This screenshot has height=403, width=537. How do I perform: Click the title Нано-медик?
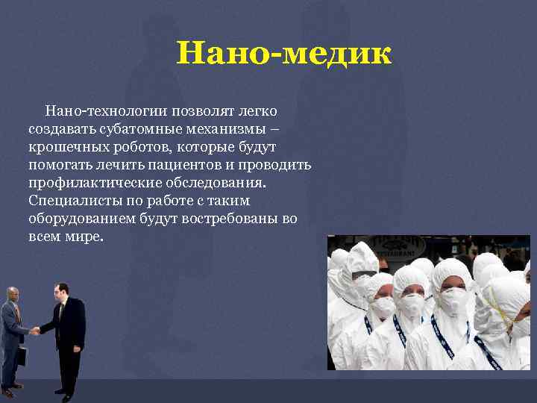point(283,54)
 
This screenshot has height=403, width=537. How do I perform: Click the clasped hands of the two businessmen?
point(35,330)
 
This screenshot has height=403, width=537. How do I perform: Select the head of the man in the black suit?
point(63,290)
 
